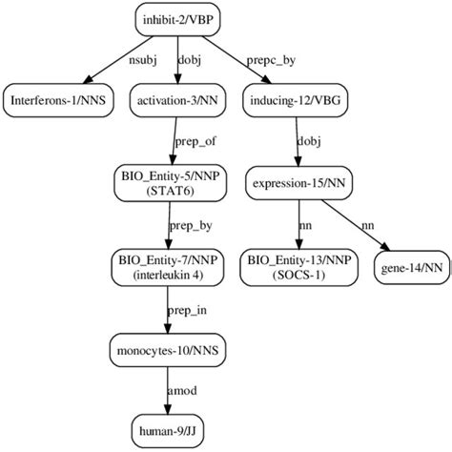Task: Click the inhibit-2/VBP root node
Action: [x=177, y=17]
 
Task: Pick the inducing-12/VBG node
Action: [x=296, y=98]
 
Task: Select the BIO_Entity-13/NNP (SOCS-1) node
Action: [x=297, y=264]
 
